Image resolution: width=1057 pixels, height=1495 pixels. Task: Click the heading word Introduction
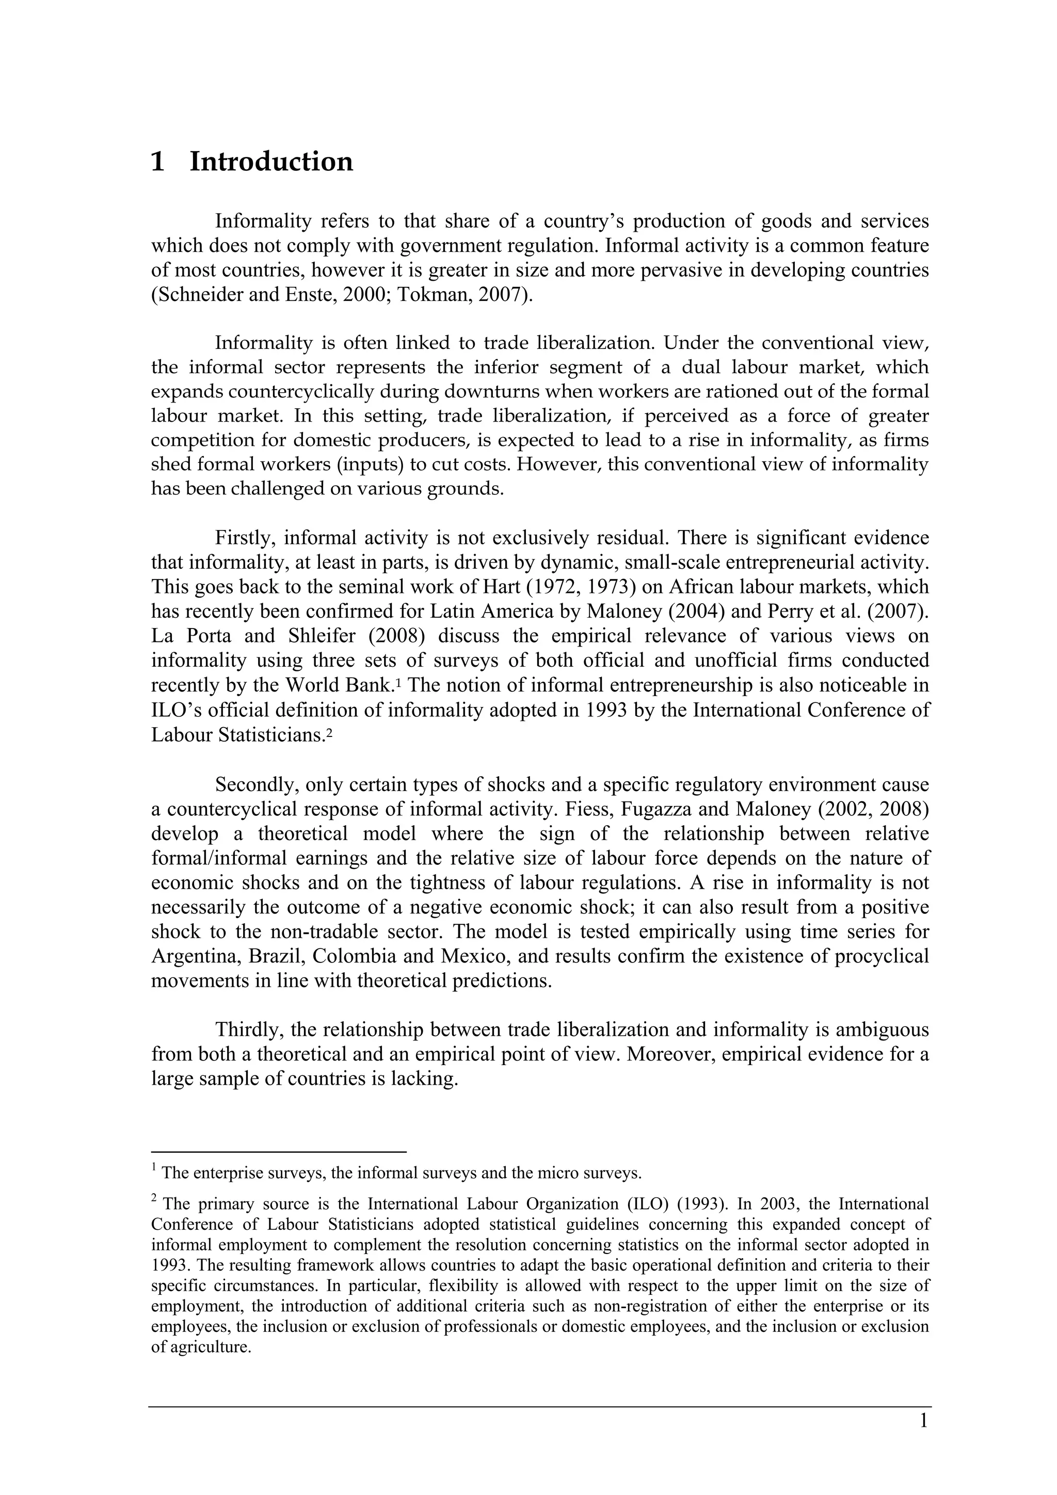pyautogui.click(x=271, y=162)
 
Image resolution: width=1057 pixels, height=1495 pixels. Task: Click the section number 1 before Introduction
pyautogui.click(x=157, y=162)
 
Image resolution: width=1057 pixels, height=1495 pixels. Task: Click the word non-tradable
pyautogui.click(x=323, y=932)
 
